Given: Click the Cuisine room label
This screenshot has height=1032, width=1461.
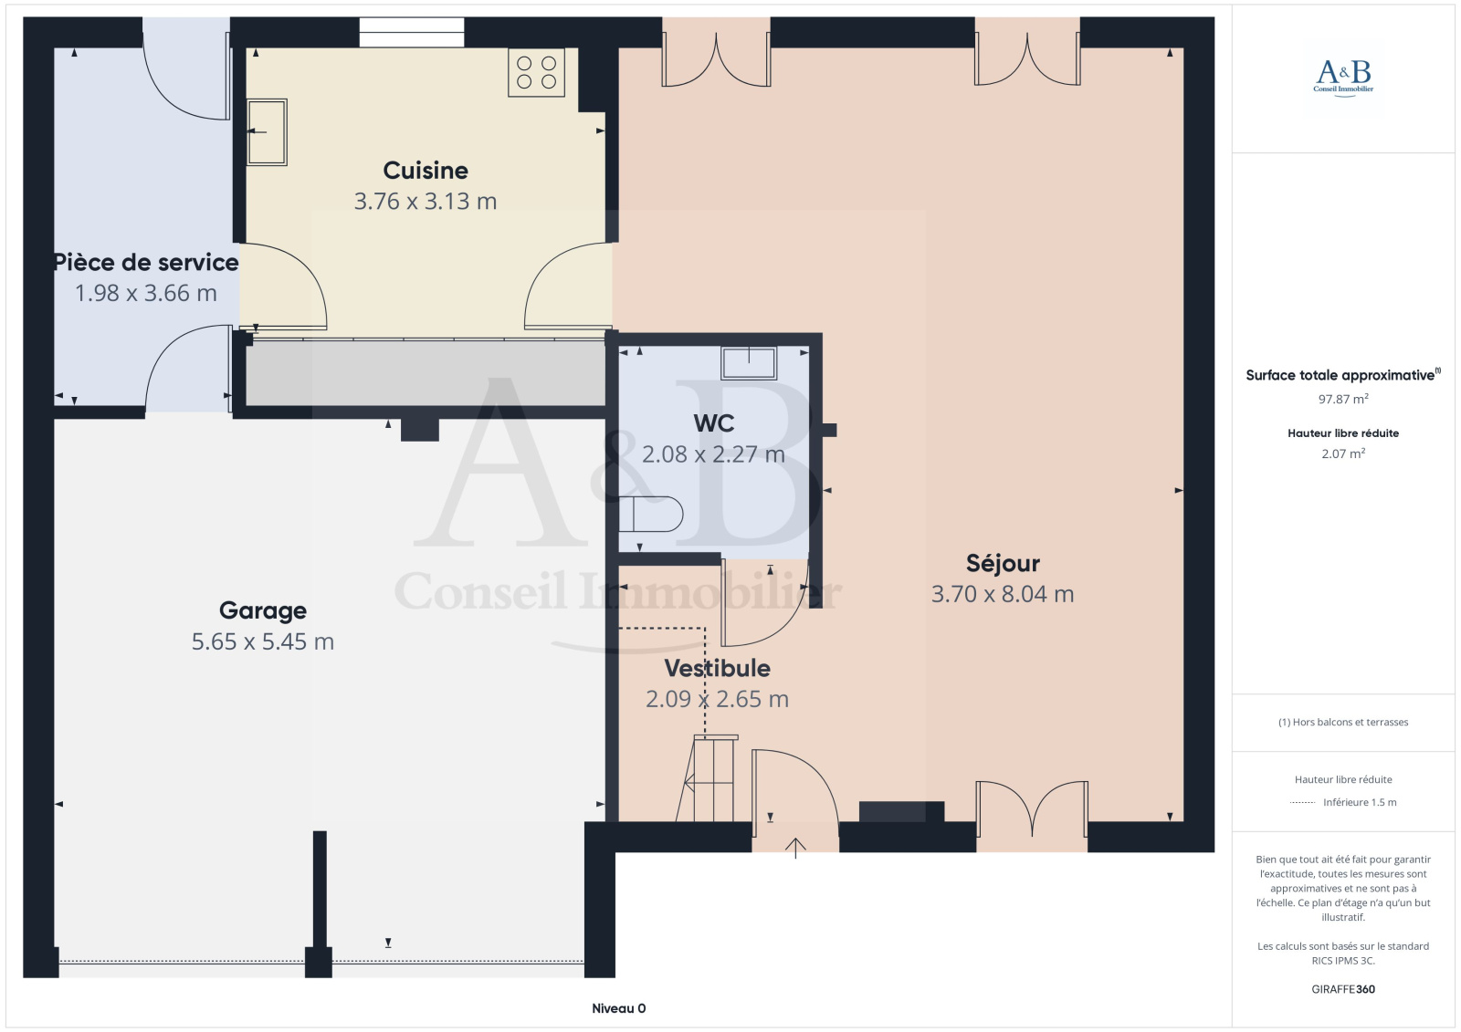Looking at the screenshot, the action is tap(426, 170).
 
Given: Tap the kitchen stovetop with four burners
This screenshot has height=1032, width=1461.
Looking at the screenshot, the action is tap(536, 72).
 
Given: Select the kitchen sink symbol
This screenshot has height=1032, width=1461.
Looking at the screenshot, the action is tap(267, 131).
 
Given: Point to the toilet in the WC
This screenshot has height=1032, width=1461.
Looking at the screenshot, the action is tap(650, 514).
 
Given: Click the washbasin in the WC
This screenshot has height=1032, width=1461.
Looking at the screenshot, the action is tap(749, 362).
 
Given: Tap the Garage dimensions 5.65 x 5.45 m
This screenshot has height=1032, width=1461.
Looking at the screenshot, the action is tap(263, 641).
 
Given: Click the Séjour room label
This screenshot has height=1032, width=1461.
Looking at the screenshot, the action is tap(1003, 563).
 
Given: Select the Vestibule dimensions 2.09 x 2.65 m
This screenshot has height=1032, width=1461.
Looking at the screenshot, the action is tap(718, 699).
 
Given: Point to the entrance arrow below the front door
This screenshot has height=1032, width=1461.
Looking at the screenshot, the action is tap(795, 849).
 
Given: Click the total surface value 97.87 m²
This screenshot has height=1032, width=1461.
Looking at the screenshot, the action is tap(1343, 399).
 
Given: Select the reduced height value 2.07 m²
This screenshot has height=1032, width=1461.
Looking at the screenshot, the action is tap(1343, 453).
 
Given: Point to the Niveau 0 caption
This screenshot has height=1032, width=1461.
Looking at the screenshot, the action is tap(618, 1008).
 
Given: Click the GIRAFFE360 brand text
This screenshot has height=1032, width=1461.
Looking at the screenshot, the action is tap(1343, 989).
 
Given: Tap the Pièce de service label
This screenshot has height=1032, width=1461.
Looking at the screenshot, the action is tap(146, 262).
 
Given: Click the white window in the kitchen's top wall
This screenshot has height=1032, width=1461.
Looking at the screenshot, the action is tap(412, 32).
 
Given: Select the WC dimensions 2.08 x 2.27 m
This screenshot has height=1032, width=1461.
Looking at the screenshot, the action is tap(713, 453).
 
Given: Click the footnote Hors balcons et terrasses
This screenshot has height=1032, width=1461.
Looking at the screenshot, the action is tap(1343, 723).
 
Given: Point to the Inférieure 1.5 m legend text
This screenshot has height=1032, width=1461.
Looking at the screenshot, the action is tap(1360, 803).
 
